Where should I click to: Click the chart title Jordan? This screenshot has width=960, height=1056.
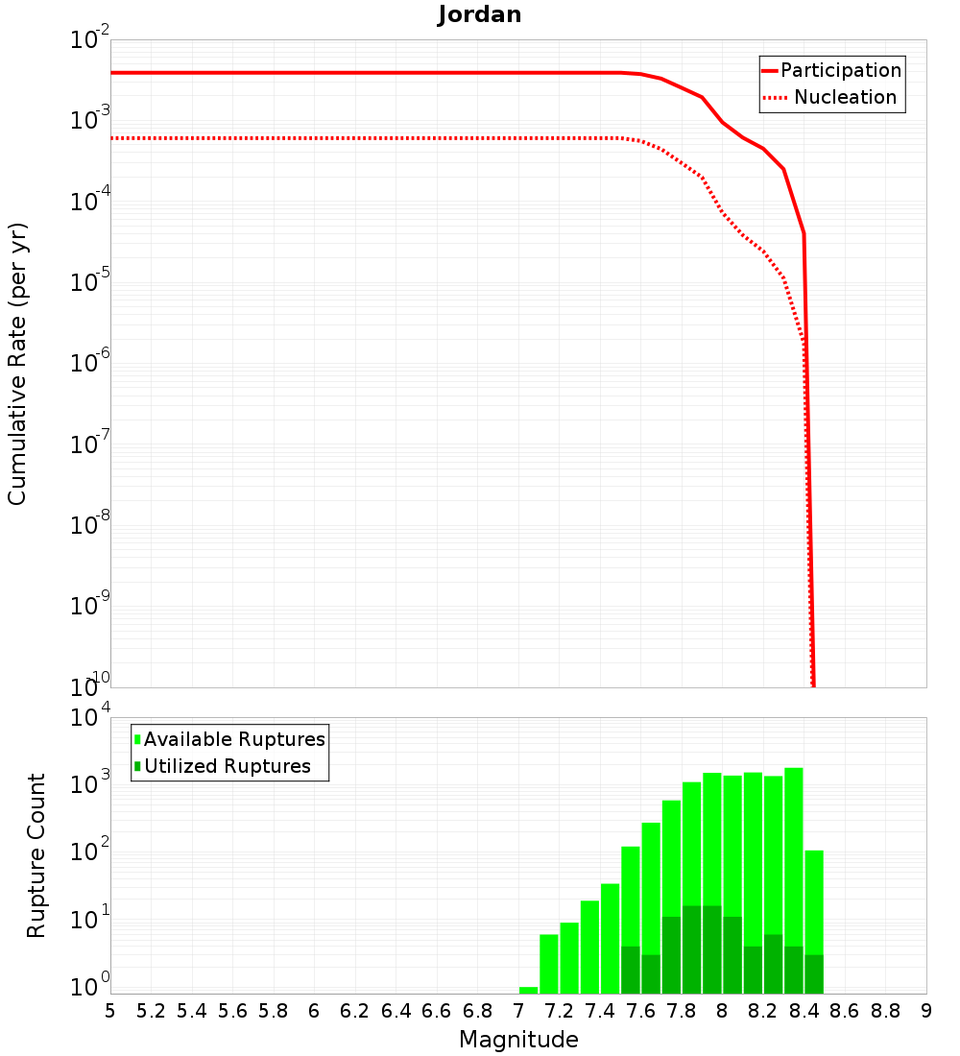coord(479,15)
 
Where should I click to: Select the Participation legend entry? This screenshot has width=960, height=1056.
coord(840,70)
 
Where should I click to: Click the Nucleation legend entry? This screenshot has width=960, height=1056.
coord(844,97)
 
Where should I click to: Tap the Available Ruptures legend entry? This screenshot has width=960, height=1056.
coord(233,739)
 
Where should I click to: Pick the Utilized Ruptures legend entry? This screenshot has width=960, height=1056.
coord(227,766)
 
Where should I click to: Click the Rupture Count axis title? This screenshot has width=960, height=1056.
coord(36,854)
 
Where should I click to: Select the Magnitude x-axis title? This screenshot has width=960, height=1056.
coord(518,1040)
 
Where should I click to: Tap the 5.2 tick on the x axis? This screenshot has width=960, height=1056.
coord(151,1011)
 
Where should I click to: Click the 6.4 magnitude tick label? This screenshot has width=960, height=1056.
coord(396,1011)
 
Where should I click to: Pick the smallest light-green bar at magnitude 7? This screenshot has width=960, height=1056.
coord(528,990)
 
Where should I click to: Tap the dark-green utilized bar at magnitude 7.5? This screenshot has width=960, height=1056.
coord(631,970)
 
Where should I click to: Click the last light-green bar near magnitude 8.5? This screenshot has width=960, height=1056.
coord(814,902)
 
